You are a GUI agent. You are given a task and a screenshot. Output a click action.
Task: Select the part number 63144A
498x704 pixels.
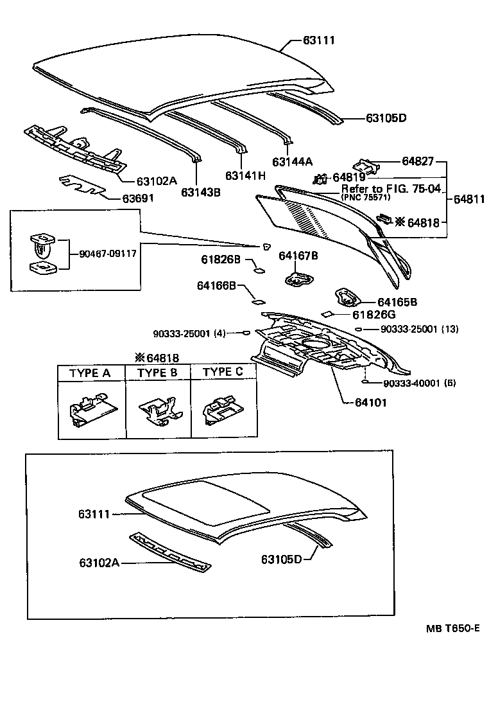(x=292, y=162)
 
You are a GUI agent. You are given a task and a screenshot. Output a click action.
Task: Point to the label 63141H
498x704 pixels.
(x=245, y=175)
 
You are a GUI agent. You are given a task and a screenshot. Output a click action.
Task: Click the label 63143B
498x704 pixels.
(x=200, y=191)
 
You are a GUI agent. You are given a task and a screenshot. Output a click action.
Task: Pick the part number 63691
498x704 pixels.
(x=138, y=198)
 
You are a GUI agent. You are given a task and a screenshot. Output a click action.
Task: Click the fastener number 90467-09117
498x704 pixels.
(x=103, y=253)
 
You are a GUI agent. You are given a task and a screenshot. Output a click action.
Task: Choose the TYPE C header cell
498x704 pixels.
(x=223, y=373)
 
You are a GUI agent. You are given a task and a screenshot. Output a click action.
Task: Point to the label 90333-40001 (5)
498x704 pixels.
(x=419, y=383)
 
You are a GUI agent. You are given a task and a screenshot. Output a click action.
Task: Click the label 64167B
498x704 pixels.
(x=298, y=256)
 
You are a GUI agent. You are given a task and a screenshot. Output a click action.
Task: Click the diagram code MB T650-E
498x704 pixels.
(x=450, y=628)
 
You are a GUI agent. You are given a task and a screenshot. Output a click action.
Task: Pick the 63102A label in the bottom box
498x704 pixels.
(x=99, y=563)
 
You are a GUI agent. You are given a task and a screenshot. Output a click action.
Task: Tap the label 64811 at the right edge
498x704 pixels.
(x=468, y=199)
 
